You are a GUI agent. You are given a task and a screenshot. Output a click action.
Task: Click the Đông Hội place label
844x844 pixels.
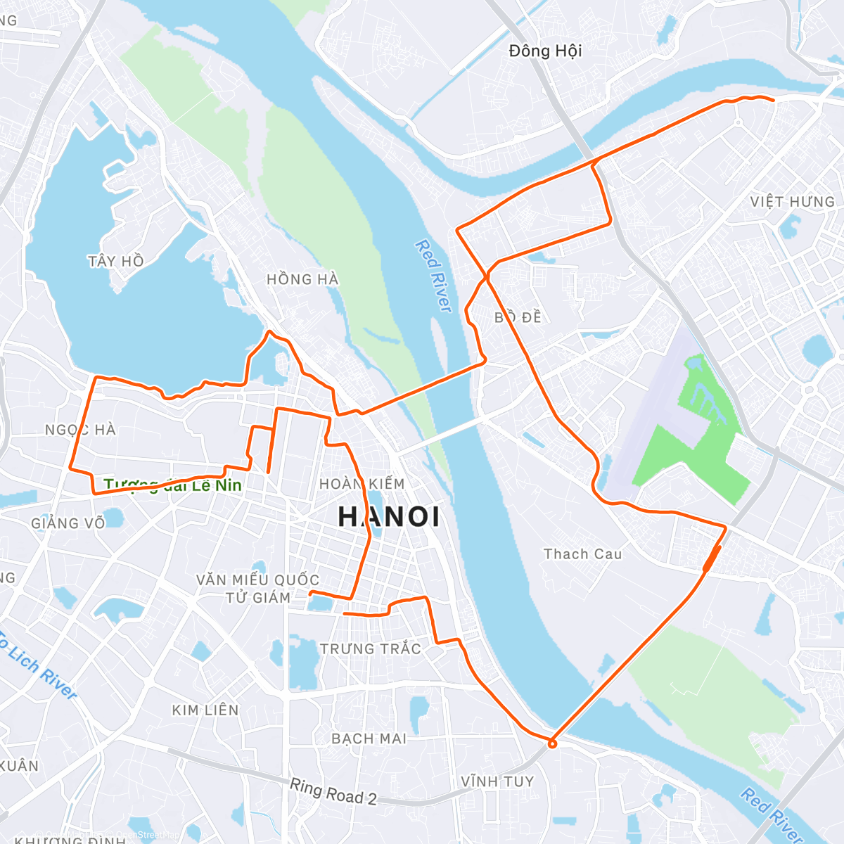coord(545,51)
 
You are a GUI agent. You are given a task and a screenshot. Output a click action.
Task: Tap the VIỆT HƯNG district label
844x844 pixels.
coord(792,202)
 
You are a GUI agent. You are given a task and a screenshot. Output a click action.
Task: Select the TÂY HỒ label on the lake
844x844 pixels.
coord(116,261)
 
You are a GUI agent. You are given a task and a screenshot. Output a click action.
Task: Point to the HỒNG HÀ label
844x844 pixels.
coord(302,279)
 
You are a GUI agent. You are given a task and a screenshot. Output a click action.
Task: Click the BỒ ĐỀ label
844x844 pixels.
coord(518,317)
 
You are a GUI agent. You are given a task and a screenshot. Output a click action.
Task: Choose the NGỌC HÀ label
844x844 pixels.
coord(80,430)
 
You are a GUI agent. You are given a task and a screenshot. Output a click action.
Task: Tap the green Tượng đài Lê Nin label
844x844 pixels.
coord(173,485)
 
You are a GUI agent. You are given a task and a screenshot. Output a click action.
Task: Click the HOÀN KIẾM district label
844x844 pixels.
coord(362,484)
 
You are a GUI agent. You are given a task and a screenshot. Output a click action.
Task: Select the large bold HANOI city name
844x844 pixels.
coord(389,517)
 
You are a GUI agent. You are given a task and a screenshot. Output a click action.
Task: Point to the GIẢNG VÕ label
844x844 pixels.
coord(68,523)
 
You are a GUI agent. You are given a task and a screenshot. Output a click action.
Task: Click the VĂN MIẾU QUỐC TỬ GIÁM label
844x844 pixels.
coord(257,589)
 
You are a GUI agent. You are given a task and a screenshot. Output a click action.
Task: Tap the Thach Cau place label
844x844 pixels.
coord(583,554)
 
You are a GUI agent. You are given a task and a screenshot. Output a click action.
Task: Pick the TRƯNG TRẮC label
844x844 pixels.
coord(371,648)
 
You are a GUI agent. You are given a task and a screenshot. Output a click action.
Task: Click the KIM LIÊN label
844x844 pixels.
coord(205,710)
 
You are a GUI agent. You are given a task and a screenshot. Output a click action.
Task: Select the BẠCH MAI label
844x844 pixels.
coord(369,738)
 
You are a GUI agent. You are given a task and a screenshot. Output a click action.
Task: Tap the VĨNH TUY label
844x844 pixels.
coord(497,781)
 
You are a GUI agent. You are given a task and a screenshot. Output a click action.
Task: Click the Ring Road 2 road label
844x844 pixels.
coord(333,791)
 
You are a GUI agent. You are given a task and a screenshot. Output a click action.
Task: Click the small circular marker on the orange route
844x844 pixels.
coord(553,743)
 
